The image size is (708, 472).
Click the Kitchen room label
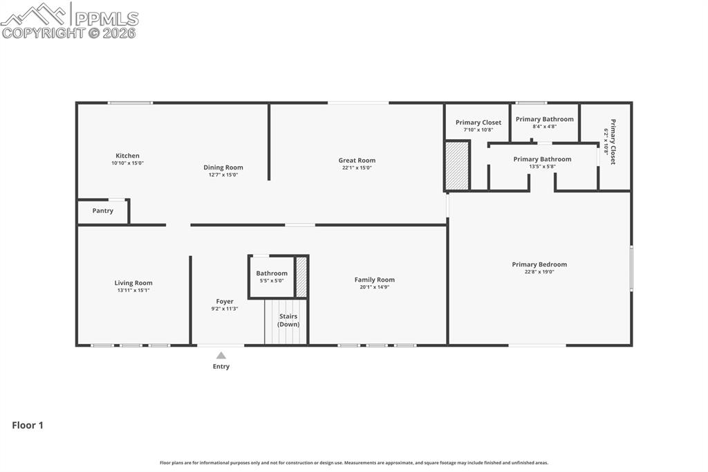127,156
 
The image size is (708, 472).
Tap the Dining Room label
223,167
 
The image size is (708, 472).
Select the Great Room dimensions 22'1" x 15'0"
357,167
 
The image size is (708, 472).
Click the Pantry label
103,211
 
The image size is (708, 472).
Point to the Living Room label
133,283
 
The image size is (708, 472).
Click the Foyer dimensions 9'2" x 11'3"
225,309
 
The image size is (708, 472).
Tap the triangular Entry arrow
221,355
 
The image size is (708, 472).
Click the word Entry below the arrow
221,367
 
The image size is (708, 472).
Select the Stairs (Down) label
288,320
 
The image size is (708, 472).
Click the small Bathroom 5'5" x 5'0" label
272,277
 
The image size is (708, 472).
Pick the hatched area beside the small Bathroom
301,277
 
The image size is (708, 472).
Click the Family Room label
375,280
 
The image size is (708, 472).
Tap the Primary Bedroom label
539,264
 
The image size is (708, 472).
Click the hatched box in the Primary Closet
457,165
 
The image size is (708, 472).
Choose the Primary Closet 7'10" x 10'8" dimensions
478,129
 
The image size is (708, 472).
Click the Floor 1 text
28,426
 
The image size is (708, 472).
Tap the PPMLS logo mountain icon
35,14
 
